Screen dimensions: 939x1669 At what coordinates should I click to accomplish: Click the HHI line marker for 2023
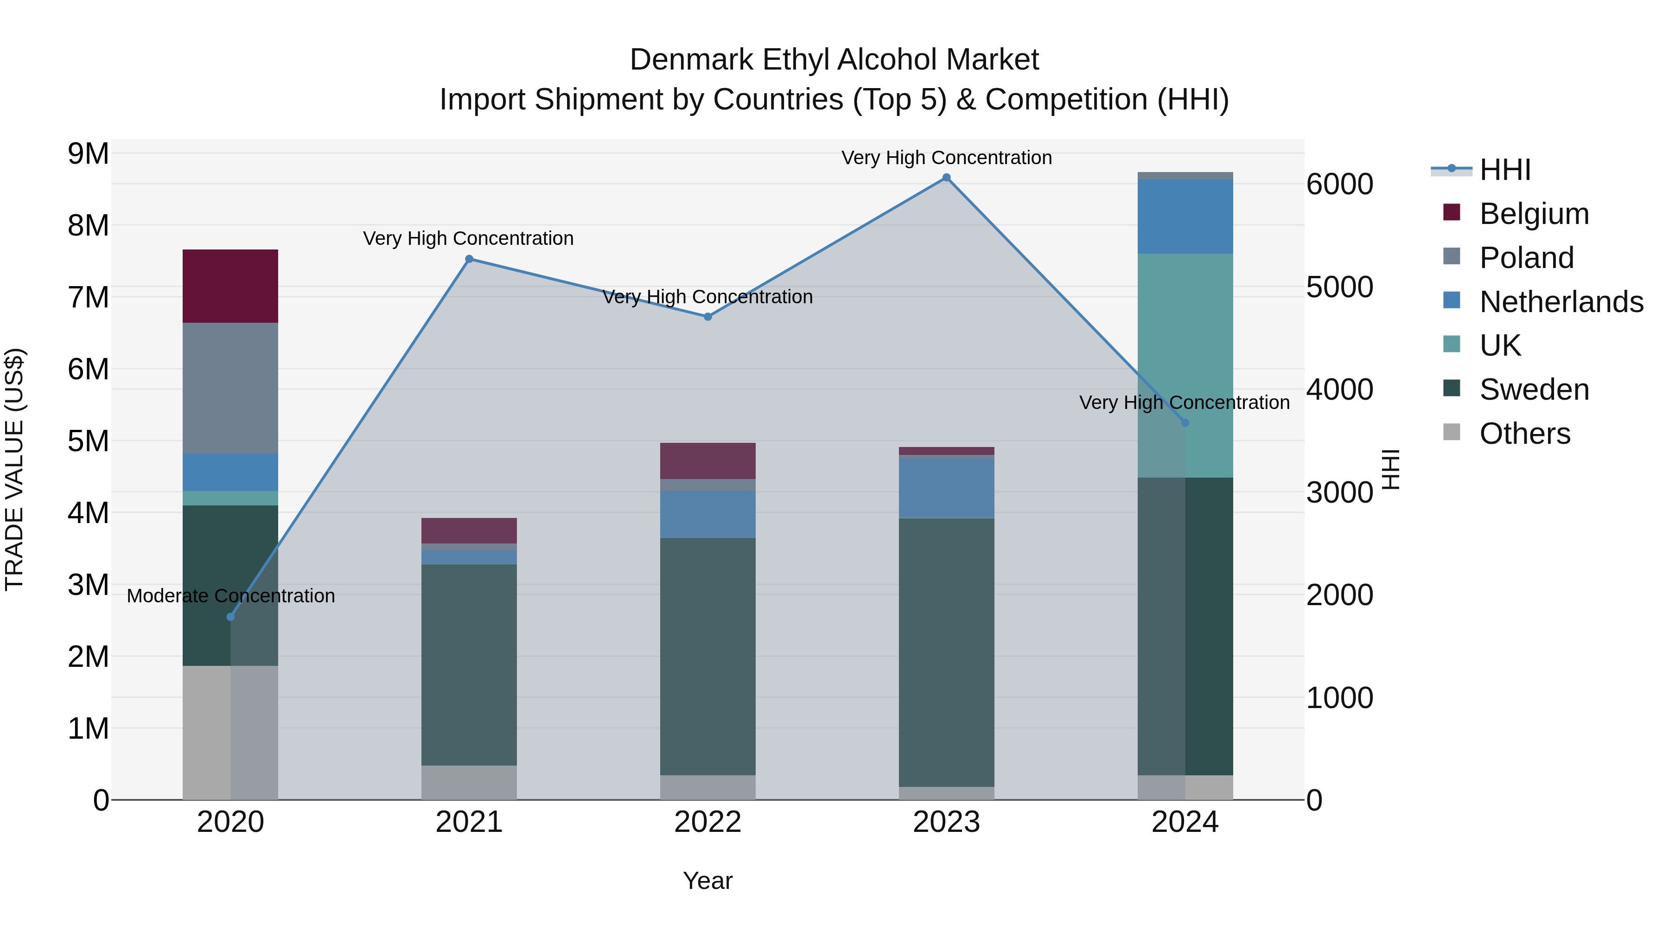[946, 178]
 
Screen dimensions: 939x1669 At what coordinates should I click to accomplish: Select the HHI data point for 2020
[231, 617]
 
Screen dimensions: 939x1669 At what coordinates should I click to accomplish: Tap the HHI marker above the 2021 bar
[469, 259]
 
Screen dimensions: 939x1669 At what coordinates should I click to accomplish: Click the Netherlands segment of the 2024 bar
[1185, 217]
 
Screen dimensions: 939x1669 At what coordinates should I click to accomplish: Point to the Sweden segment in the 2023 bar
[946, 652]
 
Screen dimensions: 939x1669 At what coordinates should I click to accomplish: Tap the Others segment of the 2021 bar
[469, 782]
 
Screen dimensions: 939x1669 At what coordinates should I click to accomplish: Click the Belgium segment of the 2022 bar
[707, 461]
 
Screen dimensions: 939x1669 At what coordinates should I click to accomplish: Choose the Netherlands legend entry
[1560, 302]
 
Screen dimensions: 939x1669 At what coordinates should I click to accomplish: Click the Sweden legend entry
[1533, 390]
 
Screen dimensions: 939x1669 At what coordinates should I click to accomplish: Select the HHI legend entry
[1504, 170]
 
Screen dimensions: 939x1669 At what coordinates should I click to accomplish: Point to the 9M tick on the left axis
[88, 154]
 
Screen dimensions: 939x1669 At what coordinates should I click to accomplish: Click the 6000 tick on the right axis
[1338, 185]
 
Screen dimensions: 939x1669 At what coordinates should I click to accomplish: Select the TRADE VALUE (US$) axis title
[14, 469]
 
